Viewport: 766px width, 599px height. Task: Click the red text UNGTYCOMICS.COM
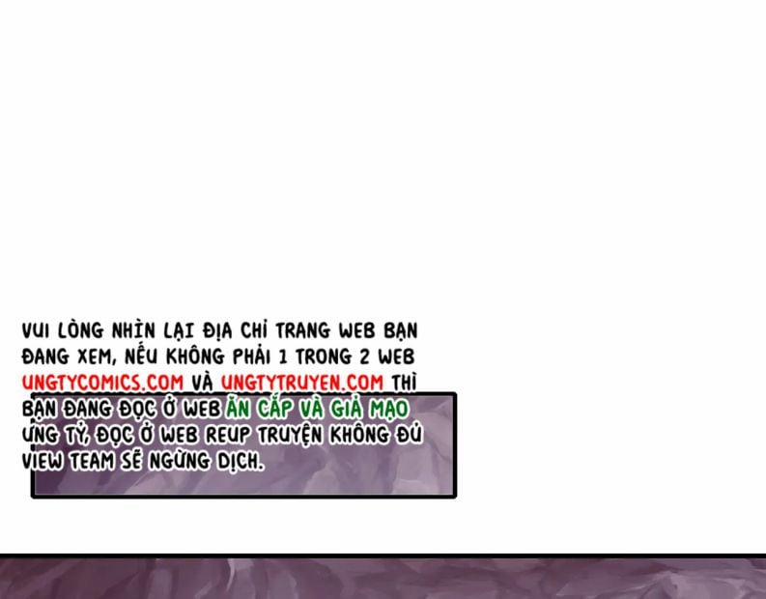[x=102, y=383]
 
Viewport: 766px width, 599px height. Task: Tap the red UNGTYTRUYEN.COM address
[x=301, y=383]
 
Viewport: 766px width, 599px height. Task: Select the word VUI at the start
[x=37, y=331]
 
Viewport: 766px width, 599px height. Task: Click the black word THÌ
[x=404, y=383]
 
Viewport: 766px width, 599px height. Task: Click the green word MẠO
[x=390, y=409]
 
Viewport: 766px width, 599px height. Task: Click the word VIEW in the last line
[x=43, y=461]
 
